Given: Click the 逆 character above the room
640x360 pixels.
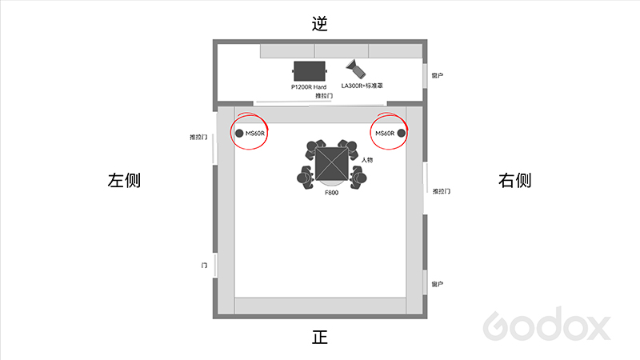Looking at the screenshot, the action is point(319,24).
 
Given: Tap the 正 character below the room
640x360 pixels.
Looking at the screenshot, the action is point(319,338).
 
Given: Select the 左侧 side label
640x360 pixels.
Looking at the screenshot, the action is point(124,180).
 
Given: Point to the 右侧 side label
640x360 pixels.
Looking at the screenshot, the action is point(514,180).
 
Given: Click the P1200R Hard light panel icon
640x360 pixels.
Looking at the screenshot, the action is point(310,71).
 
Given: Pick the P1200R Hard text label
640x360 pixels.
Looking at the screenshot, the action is point(309,87).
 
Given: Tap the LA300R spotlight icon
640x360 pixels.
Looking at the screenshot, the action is point(355,69).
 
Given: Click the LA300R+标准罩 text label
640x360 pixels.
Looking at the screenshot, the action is point(362,86).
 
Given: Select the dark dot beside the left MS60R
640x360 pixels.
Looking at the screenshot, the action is point(239,133).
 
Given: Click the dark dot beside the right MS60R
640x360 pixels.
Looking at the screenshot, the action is point(402,133).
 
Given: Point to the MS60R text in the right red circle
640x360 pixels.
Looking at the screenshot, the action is point(385,134).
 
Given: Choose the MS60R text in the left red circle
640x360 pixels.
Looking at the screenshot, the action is point(255,134).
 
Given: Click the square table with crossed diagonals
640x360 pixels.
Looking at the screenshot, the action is point(331,164).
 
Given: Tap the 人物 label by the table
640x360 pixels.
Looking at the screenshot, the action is point(367,159).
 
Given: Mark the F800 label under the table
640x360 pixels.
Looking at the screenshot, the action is point(331,193).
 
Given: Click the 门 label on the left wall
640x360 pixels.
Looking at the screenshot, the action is point(204,266).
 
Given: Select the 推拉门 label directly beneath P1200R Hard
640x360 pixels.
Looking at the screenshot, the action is point(324,96).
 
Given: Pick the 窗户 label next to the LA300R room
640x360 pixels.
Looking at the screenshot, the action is point(437,75).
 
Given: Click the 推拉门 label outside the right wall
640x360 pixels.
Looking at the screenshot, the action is point(442,191).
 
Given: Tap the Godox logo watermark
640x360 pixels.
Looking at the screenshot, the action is point(547,324).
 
